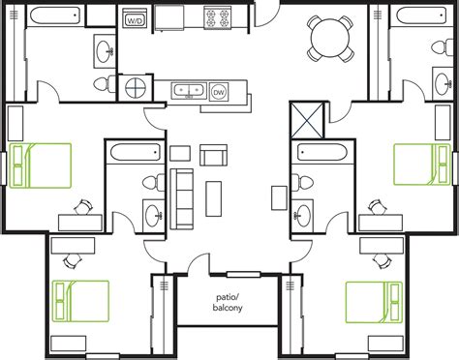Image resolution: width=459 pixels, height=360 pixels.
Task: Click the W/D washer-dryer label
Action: click(x=136, y=18)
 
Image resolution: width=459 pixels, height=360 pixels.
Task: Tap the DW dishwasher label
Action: click(x=217, y=92)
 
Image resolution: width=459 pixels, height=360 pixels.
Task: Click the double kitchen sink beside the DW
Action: click(x=188, y=91)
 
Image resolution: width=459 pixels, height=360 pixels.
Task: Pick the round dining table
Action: click(x=325, y=38)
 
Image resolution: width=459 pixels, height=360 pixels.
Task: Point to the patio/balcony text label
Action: click(x=229, y=302)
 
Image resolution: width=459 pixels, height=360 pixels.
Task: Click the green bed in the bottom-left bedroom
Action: click(x=80, y=300)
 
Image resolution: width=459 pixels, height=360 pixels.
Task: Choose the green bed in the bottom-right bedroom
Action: click(x=374, y=300)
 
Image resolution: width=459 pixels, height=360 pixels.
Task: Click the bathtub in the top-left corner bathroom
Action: click(x=58, y=15)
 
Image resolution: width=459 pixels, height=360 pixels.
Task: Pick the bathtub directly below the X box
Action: click(x=322, y=152)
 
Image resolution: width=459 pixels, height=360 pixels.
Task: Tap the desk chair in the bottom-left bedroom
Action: click(x=70, y=259)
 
